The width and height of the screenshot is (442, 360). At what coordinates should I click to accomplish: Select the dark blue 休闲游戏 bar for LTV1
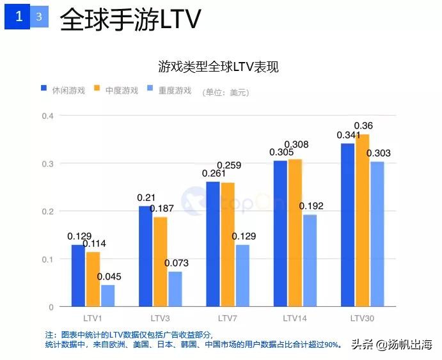78,276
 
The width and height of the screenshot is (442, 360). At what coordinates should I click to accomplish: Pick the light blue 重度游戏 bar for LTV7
243,276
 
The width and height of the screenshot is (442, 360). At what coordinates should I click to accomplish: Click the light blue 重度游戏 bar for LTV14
310,261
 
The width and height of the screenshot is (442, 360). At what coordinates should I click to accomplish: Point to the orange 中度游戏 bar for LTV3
161,262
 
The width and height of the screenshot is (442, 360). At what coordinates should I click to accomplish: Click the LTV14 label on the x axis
295,318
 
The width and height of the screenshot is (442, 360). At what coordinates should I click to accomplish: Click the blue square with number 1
19,17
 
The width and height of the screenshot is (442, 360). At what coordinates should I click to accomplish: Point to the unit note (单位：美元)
225,92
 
